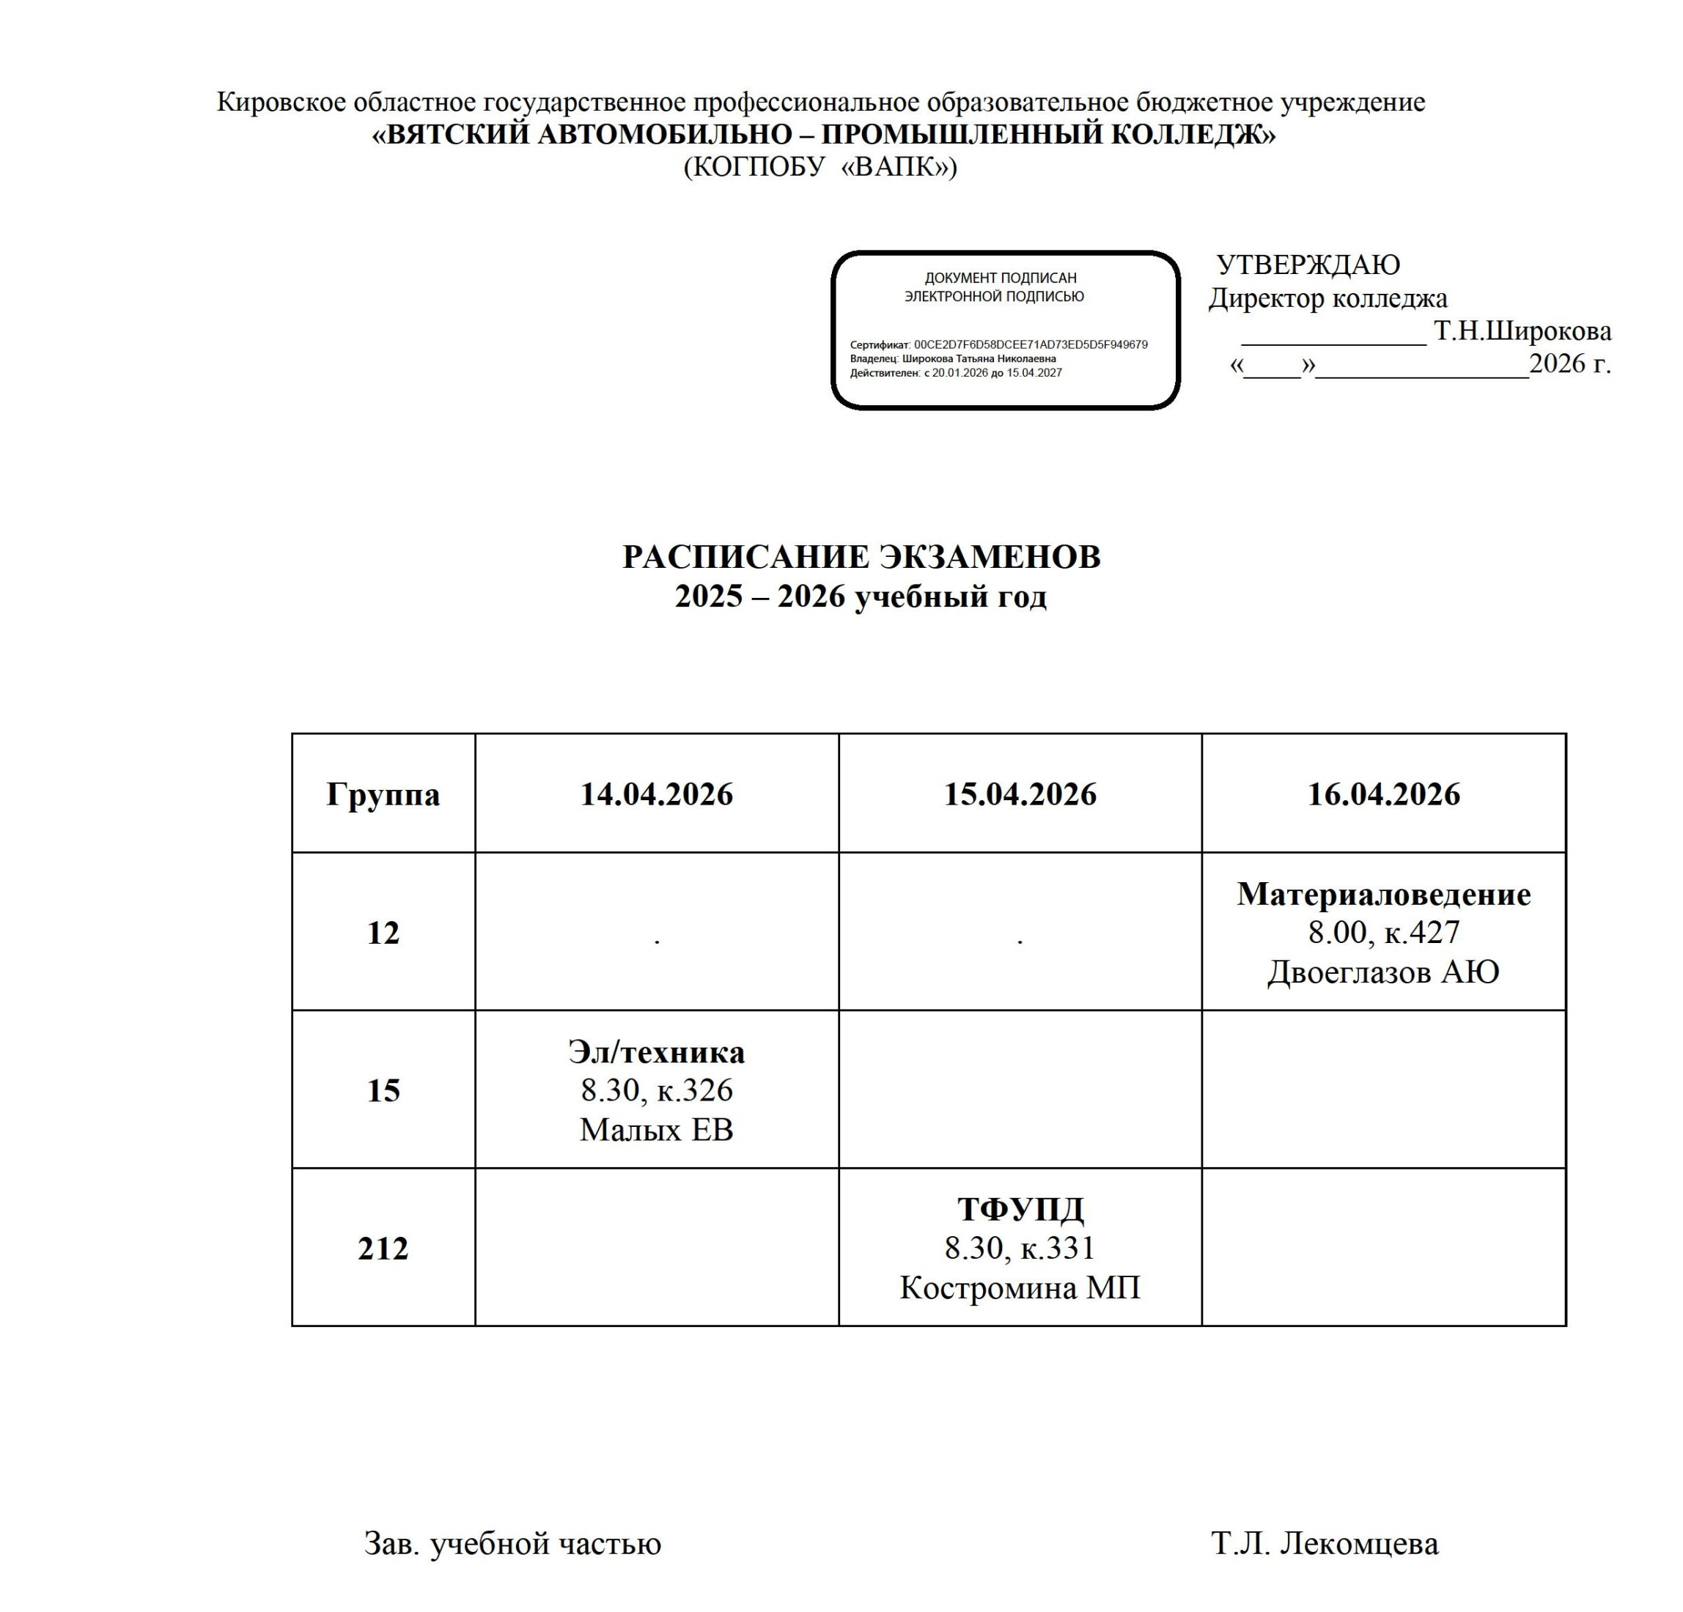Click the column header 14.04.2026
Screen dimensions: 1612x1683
[656, 794]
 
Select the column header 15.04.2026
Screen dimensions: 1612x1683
[1020, 794]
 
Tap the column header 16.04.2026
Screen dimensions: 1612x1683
[1383, 794]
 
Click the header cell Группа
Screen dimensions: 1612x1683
[383, 794]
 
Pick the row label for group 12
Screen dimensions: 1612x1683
[383, 933]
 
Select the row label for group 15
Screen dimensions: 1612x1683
[383, 1091]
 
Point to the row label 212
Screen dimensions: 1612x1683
[383, 1249]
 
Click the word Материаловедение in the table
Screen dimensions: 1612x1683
[1383, 895]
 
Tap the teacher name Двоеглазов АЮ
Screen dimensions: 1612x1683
[1383, 972]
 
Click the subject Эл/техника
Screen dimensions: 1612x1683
[656, 1052]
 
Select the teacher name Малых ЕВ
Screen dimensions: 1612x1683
[656, 1130]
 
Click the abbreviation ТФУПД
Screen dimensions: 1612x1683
[1020, 1210]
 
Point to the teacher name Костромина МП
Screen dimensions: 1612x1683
[1020, 1288]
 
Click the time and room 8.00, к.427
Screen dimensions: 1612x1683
[1383, 932]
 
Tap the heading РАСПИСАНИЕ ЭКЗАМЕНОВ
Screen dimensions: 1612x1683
[861, 557]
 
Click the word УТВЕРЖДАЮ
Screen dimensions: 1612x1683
[1308, 265]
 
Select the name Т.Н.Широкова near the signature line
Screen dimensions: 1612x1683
[1522, 330]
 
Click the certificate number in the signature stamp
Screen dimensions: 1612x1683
[1031, 344]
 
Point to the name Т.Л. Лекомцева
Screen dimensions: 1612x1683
[1325, 1543]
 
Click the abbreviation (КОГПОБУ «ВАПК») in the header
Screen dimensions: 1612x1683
[820, 166]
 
